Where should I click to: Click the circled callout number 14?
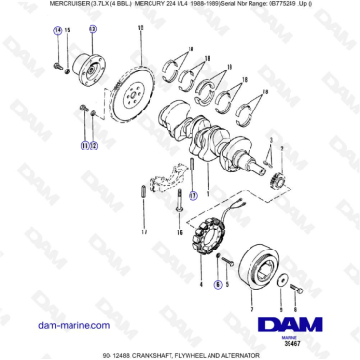[x=57, y=30]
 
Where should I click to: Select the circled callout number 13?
[x=92, y=30]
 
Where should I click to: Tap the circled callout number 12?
[x=93, y=146]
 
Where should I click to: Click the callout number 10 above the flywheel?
[x=139, y=30]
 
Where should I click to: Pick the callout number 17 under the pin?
[x=144, y=232]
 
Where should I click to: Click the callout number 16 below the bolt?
[x=179, y=232]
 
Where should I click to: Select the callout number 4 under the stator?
[x=201, y=284]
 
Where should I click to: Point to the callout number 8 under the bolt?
[x=295, y=310]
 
